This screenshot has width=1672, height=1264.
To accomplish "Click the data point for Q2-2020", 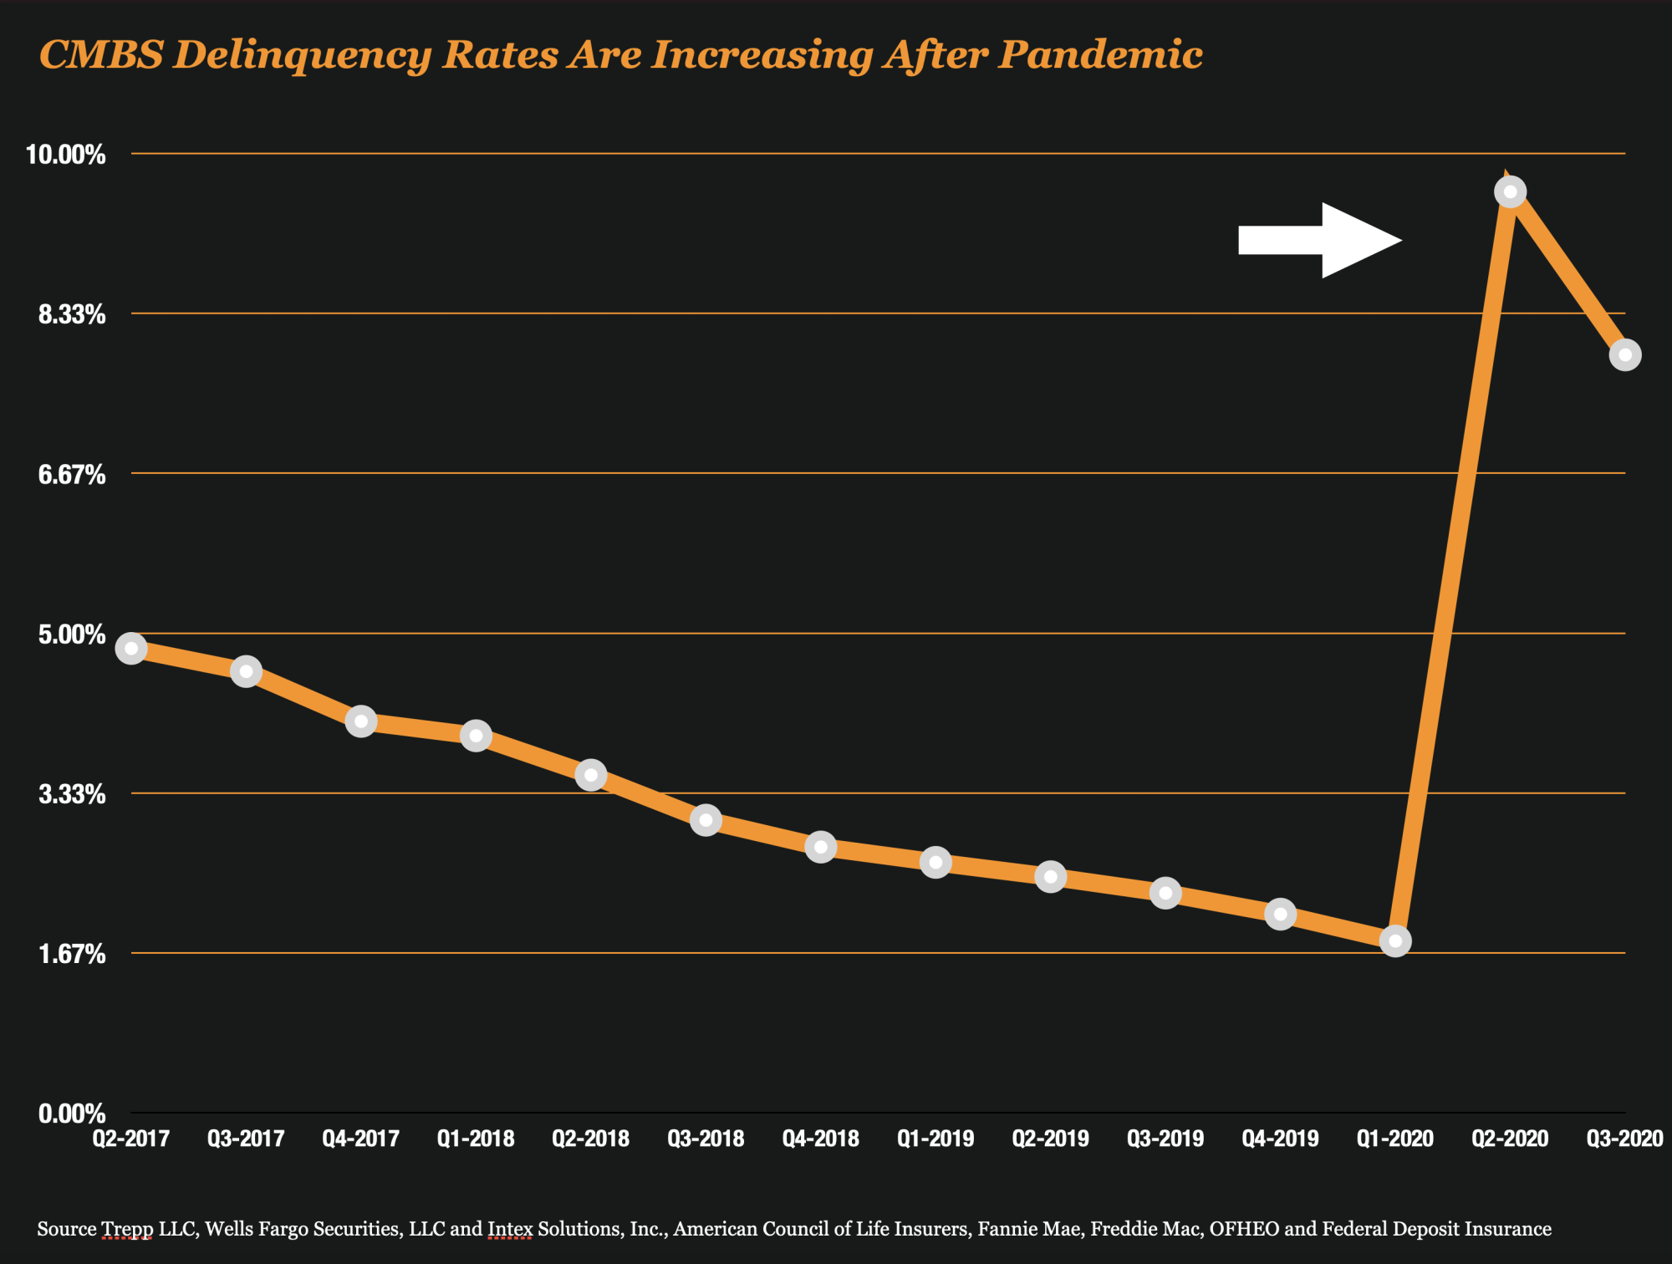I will pyautogui.click(x=1510, y=192).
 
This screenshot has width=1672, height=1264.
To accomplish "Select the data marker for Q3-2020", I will pyautogui.click(x=1624, y=355).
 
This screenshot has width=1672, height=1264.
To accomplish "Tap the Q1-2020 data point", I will pyautogui.click(x=1394, y=941).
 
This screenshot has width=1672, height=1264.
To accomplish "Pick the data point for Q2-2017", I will pyautogui.click(x=131, y=649).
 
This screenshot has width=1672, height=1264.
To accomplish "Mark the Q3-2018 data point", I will pyautogui.click(x=706, y=821).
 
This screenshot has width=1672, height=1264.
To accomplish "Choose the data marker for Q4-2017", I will pyautogui.click(x=361, y=721).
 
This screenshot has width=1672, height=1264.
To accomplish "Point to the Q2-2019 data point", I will pyautogui.click(x=1050, y=877).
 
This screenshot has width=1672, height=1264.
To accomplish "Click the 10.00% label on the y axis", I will pyautogui.click(x=66, y=155).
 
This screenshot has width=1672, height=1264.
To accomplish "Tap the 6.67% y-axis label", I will pyautogui.click(x=72, y=475).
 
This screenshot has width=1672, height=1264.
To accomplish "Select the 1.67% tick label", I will pyautogui.click(x=72, y=954).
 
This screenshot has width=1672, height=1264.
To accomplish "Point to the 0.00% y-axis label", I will pyautogui.click(x=72, y=1114).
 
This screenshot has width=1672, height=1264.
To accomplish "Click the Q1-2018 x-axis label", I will pyautogui.click(x=476, y=1139).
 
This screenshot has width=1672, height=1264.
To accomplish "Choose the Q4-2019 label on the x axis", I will pyautogui.click(x=1280, y=1139).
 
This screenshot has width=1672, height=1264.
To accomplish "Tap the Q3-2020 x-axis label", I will pyautogui.click(x=1624, y=1139).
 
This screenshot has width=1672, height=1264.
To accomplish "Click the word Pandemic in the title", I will pyautogui.click(x=1100, y=55).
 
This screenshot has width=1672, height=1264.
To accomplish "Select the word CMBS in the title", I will pyautogui.click(x=101, y=55).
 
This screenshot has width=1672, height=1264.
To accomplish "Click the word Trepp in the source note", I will pyautogui.click(x=126, y=1229).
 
